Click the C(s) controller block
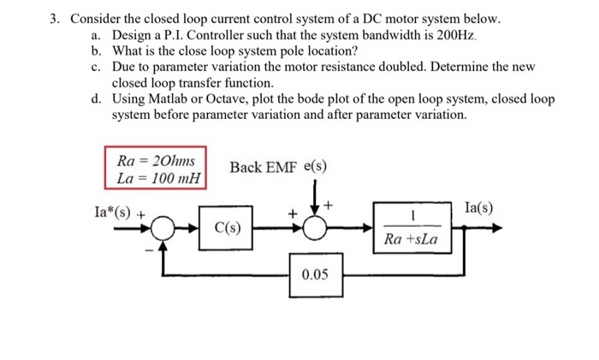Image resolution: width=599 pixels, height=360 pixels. pyautogui.click(x=227, y=229)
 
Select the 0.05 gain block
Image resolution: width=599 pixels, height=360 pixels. pyautogui.click(x=315, y=274)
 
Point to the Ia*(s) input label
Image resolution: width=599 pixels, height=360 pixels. pyautogui.click(x=116, y=209)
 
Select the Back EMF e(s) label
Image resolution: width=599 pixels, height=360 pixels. pyautogui.click(x=278, y=166)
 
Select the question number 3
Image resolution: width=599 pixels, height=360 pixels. pyautogui.click(x=53, y=18)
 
